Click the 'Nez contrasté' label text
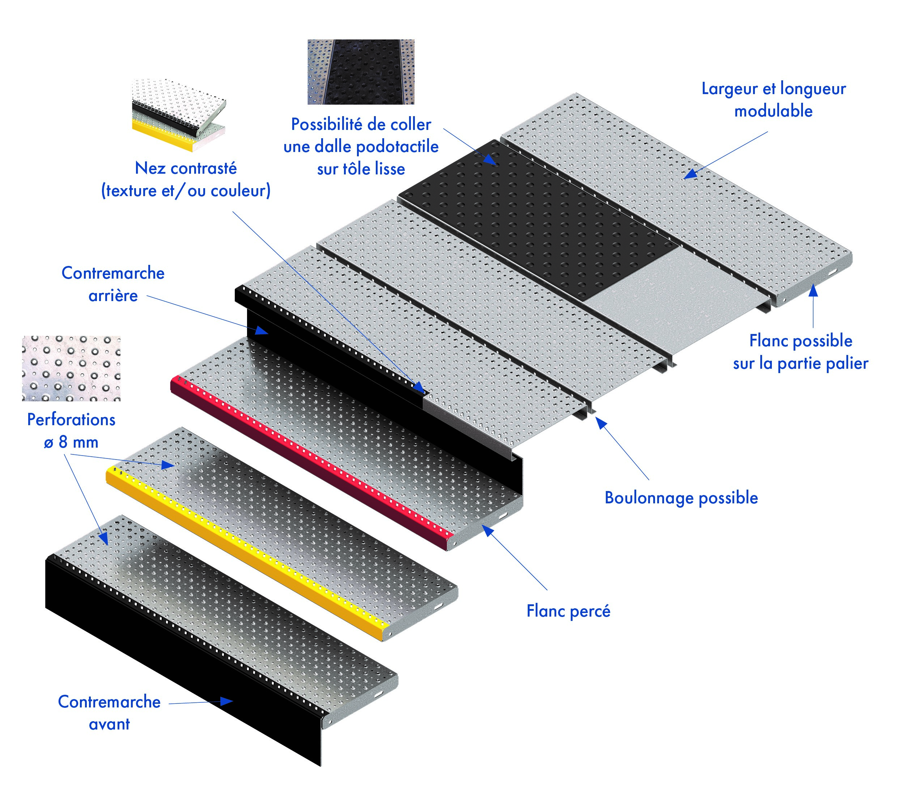[x=186, y=168]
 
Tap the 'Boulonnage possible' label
[x=681, y=498]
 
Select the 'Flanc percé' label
[x=568, y=611]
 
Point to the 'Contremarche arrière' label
[x=113, y=284]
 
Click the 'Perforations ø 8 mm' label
[x=71, y=431]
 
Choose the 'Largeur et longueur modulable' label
[x=773, y=100]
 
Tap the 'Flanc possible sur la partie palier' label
[x=800, y=352]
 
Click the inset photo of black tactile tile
[x=361, y=72]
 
